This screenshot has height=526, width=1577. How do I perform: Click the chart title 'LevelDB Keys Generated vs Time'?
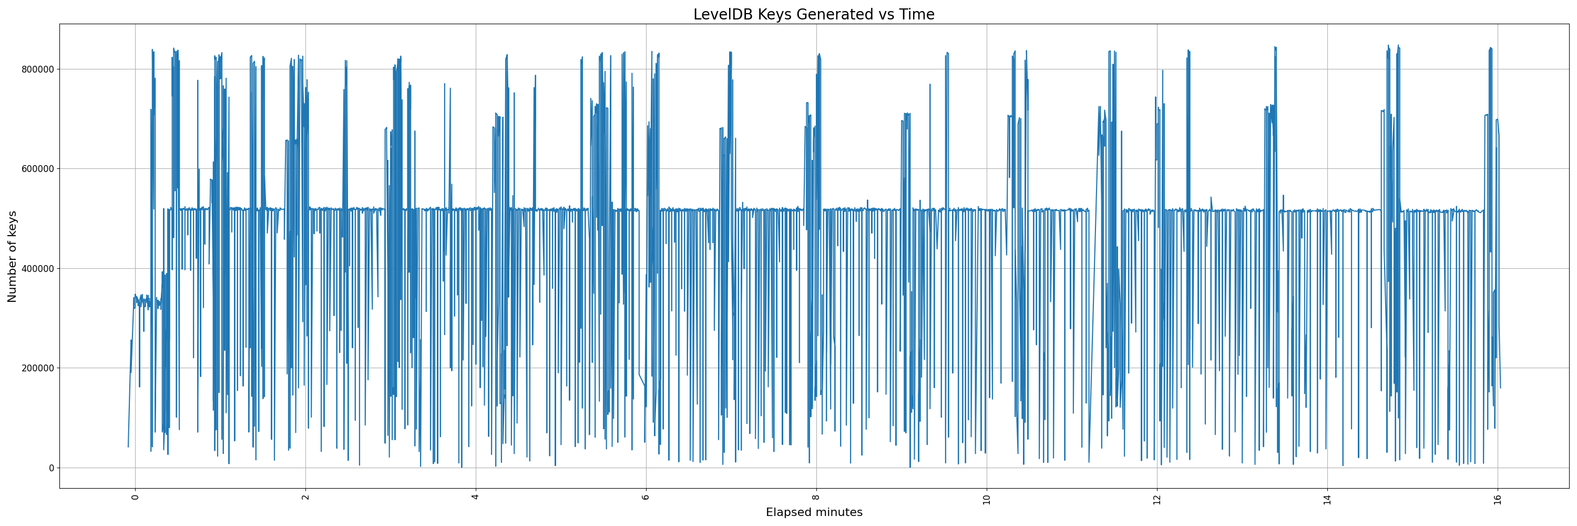(814, 14)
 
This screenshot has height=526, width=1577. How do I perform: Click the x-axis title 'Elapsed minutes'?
(814, 512)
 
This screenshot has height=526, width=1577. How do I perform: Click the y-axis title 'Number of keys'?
(12, 257)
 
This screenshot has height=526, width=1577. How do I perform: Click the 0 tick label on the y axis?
(52, 468)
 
